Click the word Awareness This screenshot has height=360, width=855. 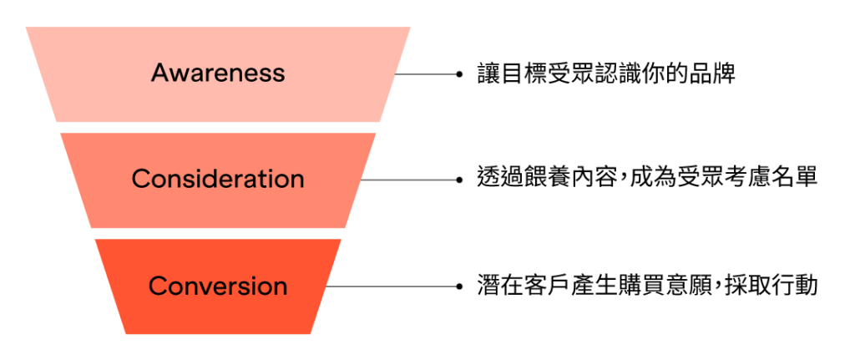click(218, 73)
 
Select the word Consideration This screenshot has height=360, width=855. click(218, 179)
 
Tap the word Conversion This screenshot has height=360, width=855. click(218, 286)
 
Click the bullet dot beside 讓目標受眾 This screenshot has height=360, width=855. click(459, 74)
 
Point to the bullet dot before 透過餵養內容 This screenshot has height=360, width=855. click(459, 179)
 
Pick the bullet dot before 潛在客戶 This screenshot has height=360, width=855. click(459, 286)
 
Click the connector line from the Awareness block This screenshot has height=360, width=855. click(426, 74)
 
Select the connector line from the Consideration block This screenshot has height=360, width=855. click(409, 179)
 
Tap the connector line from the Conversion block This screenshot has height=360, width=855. click(392, 286)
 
